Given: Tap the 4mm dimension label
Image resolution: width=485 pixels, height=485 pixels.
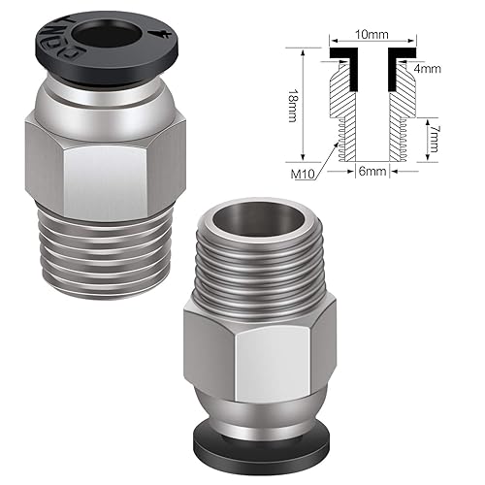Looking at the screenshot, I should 431,70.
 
